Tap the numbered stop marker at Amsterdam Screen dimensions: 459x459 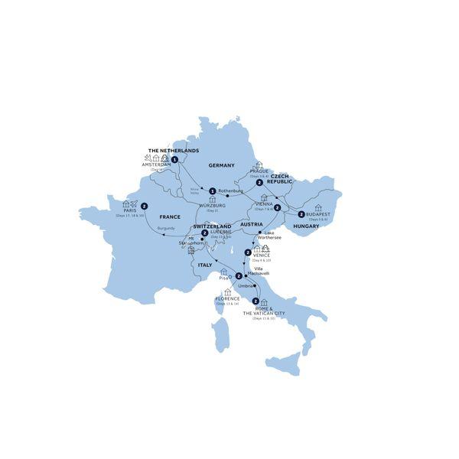pyautogui.click(x=175, y=160)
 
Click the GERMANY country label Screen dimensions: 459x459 pyautogui.click(x=222, y=164)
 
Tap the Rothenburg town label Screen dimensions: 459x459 pyautogui.click(x=230, y=190)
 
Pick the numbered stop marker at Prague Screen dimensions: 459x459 pyautogui.click(x=260, y=184)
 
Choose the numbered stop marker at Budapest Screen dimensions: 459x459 pyautogui.click(x=301, y=214)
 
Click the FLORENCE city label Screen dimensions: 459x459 pyautogui.click(x=227, y=300)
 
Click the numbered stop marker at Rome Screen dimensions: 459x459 pyautogui.click(x=255, y=301)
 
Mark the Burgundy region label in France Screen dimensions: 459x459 pyautogui.click(x=166, y=229)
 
